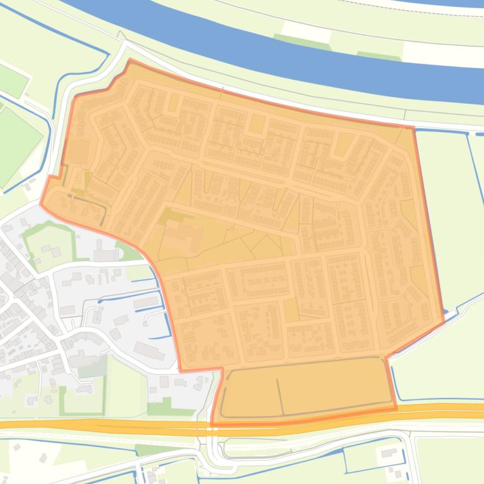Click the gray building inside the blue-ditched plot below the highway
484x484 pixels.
click(388, 453)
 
